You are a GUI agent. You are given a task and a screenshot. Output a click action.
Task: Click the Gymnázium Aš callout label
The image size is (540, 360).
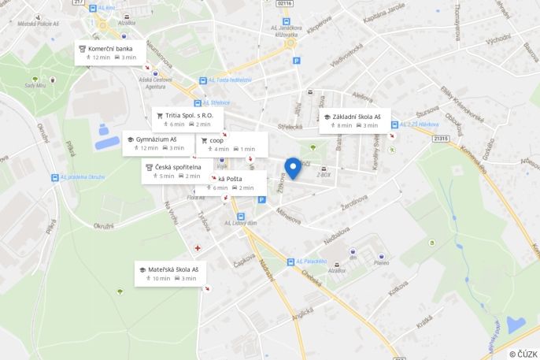pos(156,143)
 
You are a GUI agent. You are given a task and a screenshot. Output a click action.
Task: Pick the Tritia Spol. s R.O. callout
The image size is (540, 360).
pos(188,119)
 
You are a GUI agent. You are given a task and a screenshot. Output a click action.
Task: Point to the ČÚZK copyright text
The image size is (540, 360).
pos(523,354)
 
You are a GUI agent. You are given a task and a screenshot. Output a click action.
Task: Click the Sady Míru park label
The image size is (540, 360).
pos(35,85)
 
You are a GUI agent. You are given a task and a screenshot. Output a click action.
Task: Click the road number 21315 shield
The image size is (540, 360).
pos(440,139)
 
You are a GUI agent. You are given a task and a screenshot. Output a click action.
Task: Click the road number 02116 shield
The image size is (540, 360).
pos(284,3)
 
